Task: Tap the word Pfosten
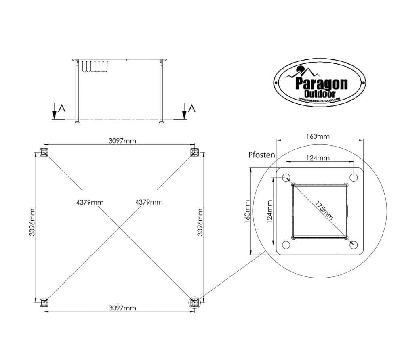click(262, 155)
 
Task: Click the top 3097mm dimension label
click(122, 141)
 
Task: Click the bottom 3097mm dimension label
click(122, 308)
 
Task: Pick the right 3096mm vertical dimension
click(200, 228)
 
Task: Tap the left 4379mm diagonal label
click(90, 202)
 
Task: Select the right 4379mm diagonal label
click(149, 202)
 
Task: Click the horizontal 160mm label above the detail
click(318, 137)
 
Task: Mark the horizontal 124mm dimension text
click(318, 158)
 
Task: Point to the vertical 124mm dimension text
click(269, 211)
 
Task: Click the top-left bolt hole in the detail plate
click(286, 177)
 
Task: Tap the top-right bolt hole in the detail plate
click(353, 177)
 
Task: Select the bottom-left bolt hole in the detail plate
click(286, 245)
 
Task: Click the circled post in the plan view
click(194, 302)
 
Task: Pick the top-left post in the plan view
click(44, 152)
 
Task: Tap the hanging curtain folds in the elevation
click(95, 67)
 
